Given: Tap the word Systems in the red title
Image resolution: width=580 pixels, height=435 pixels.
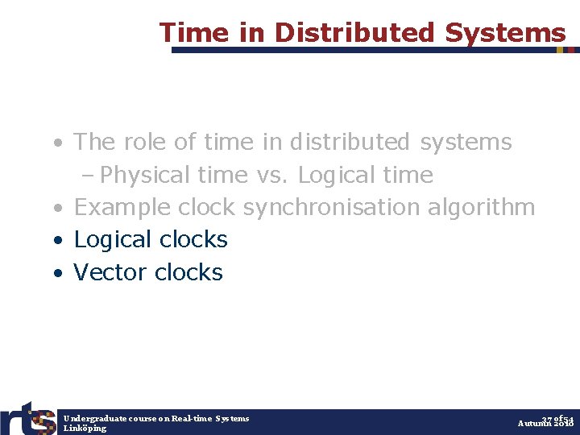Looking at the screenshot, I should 505,32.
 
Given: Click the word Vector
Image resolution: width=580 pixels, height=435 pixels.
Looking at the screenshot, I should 110,272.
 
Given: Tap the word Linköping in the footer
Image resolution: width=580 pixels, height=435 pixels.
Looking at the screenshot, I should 85,428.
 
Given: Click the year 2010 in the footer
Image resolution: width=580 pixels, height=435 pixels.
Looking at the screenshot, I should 563,424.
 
